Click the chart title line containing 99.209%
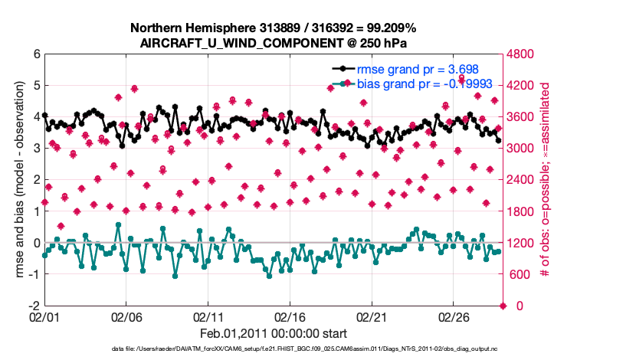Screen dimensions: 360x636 click(x=274, y=28)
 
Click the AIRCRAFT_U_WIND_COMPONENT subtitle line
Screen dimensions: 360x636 click(x=274, y=43)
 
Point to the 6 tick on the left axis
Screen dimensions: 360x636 click(x=36, y=54)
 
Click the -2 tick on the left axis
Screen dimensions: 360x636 click(x=34, y=306)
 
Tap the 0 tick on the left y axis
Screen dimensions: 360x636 click(x=36, y=243)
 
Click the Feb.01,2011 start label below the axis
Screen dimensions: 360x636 click(x=274, y=334)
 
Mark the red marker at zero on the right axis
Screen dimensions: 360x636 click(x=503, y=306)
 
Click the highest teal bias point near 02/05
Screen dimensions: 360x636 click(x=118, y=225)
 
